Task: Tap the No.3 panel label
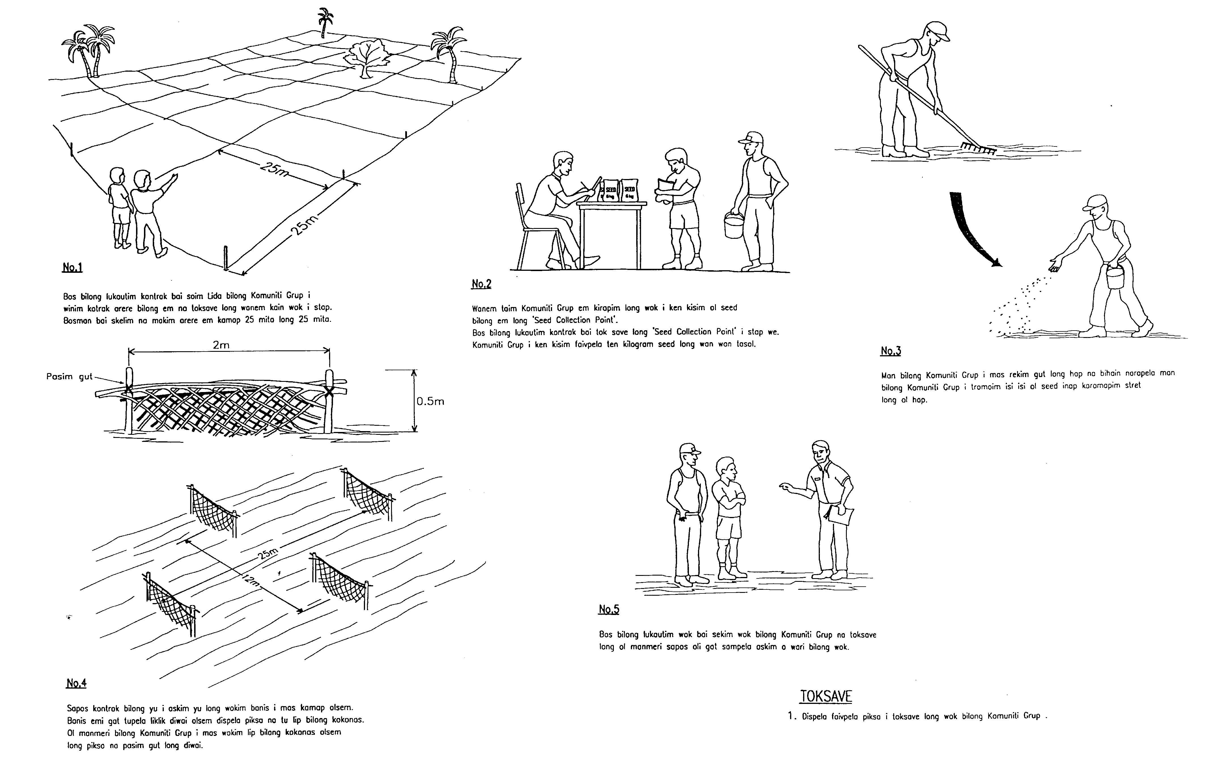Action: click(x=890, y=351)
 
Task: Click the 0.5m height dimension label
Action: click(x=430, y=402)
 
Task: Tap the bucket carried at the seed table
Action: click(x=734, y=225)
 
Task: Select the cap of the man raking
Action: click(x=937, y=31)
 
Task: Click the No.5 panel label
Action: click(x=608, y=609)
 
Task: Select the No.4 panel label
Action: click(x=76, y=683)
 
